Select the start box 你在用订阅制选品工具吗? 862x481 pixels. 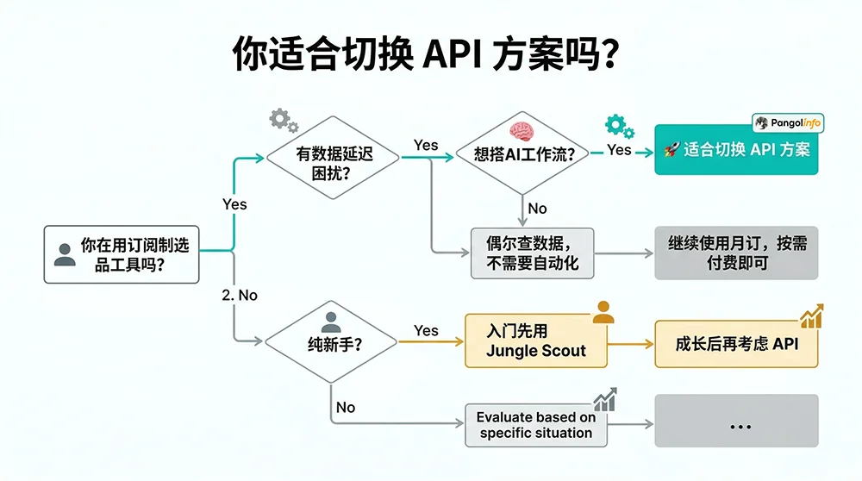122,254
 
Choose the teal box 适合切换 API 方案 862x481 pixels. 736,149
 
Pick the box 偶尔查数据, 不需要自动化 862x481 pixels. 533,253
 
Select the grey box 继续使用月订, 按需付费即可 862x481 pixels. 736,253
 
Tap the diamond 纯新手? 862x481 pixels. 331,342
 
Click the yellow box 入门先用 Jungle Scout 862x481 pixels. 535,341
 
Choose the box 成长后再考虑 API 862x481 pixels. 735,343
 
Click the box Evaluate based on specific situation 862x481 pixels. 535,425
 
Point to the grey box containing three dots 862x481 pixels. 736,422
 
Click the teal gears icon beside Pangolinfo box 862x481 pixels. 618,127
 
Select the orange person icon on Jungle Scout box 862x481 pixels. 603,312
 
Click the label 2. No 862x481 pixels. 240,295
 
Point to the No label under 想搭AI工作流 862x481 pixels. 537,208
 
